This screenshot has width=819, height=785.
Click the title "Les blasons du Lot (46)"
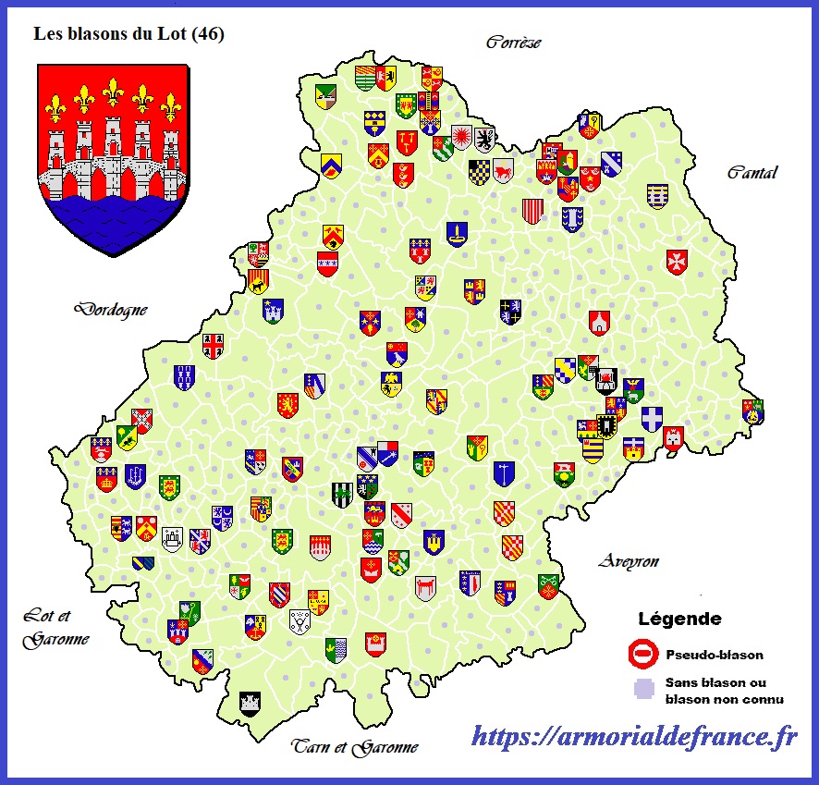(128, 34)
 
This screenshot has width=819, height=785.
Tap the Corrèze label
(513, 42)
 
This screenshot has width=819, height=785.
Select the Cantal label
(752, 172)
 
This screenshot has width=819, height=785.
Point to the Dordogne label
(112, 309)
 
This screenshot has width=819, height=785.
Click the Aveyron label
(628, 560)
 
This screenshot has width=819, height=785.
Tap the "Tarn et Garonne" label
(355, 746)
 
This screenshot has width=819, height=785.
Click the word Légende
(679, 619)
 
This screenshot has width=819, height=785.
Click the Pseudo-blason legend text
(715, 655)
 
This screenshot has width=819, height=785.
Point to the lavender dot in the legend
(640, 689)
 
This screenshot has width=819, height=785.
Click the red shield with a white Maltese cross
(677, 262)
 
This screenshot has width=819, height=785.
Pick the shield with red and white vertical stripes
(532, 211)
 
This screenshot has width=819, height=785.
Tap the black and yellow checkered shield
(478, 172)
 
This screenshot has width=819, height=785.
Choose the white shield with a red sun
(461, 138)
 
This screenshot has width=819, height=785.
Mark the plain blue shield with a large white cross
(653, 419)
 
